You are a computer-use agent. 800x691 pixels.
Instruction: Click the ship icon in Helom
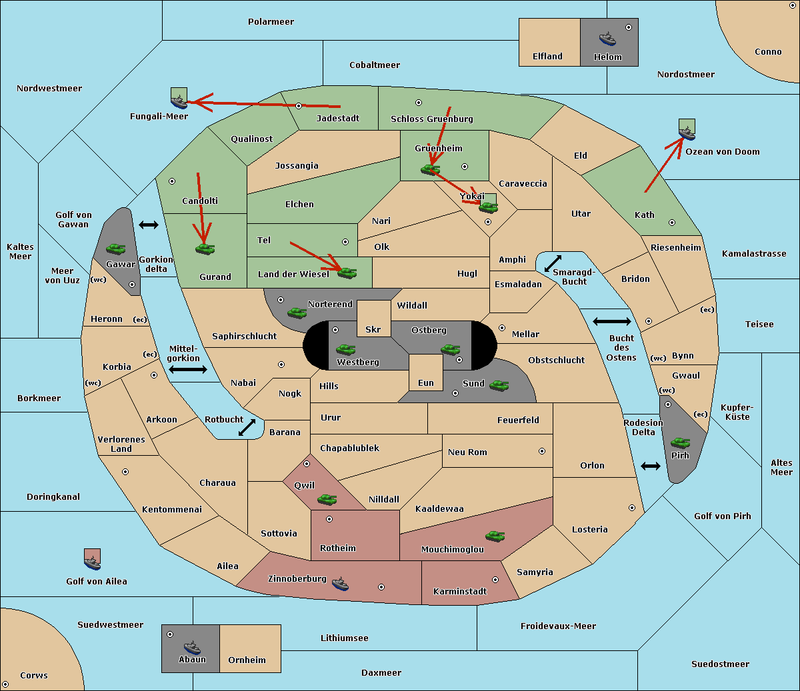pos(607,39)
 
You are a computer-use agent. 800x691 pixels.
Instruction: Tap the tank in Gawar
pos(116,249)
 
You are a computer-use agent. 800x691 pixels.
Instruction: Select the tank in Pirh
pos(680,442)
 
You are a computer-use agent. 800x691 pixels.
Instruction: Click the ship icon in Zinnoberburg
pos(340,584)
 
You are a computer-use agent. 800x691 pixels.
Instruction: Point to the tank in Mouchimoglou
pos(495,536)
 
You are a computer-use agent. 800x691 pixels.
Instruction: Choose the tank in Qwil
pos(327,499)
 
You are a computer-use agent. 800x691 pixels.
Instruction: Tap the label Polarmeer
pos(271,22)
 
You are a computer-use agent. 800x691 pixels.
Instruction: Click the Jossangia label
pos(297,166)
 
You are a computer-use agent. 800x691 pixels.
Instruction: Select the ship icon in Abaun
pos(192,647)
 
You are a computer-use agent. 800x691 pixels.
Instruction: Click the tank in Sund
pos(499,385)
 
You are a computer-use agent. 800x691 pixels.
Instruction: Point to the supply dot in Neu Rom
pos(542,451)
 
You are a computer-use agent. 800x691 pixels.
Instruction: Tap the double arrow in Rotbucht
pos(247,428)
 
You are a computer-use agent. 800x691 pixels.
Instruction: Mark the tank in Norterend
pos(297,313)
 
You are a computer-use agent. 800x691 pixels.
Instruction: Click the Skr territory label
pos(373,329)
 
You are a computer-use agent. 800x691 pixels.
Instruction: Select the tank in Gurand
pos(205,249)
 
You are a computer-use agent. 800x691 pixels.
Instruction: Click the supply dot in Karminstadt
pos(495,580)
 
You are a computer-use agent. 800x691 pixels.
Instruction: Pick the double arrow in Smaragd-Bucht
pos(553,263)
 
